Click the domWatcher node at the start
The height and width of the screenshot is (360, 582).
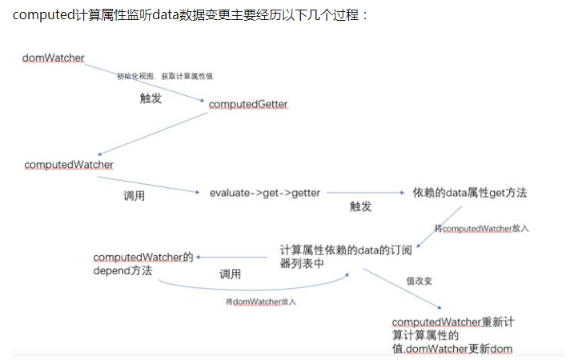point(53,58)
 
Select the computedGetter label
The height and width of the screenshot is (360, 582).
point(248,105)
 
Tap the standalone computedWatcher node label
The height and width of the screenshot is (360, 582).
point(69,165)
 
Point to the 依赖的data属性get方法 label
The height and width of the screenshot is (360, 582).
point(470,193)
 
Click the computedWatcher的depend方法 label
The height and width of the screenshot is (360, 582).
point(142,264)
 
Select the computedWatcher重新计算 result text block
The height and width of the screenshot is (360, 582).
point(452,334)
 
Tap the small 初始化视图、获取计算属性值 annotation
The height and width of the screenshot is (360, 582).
point(164,75)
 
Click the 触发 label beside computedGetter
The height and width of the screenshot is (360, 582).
point(151,98)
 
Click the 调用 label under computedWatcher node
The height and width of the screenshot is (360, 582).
point(133,196)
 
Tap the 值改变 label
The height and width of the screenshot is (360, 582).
point(419,282)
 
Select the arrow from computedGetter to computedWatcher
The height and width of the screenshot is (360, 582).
point(152,134)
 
